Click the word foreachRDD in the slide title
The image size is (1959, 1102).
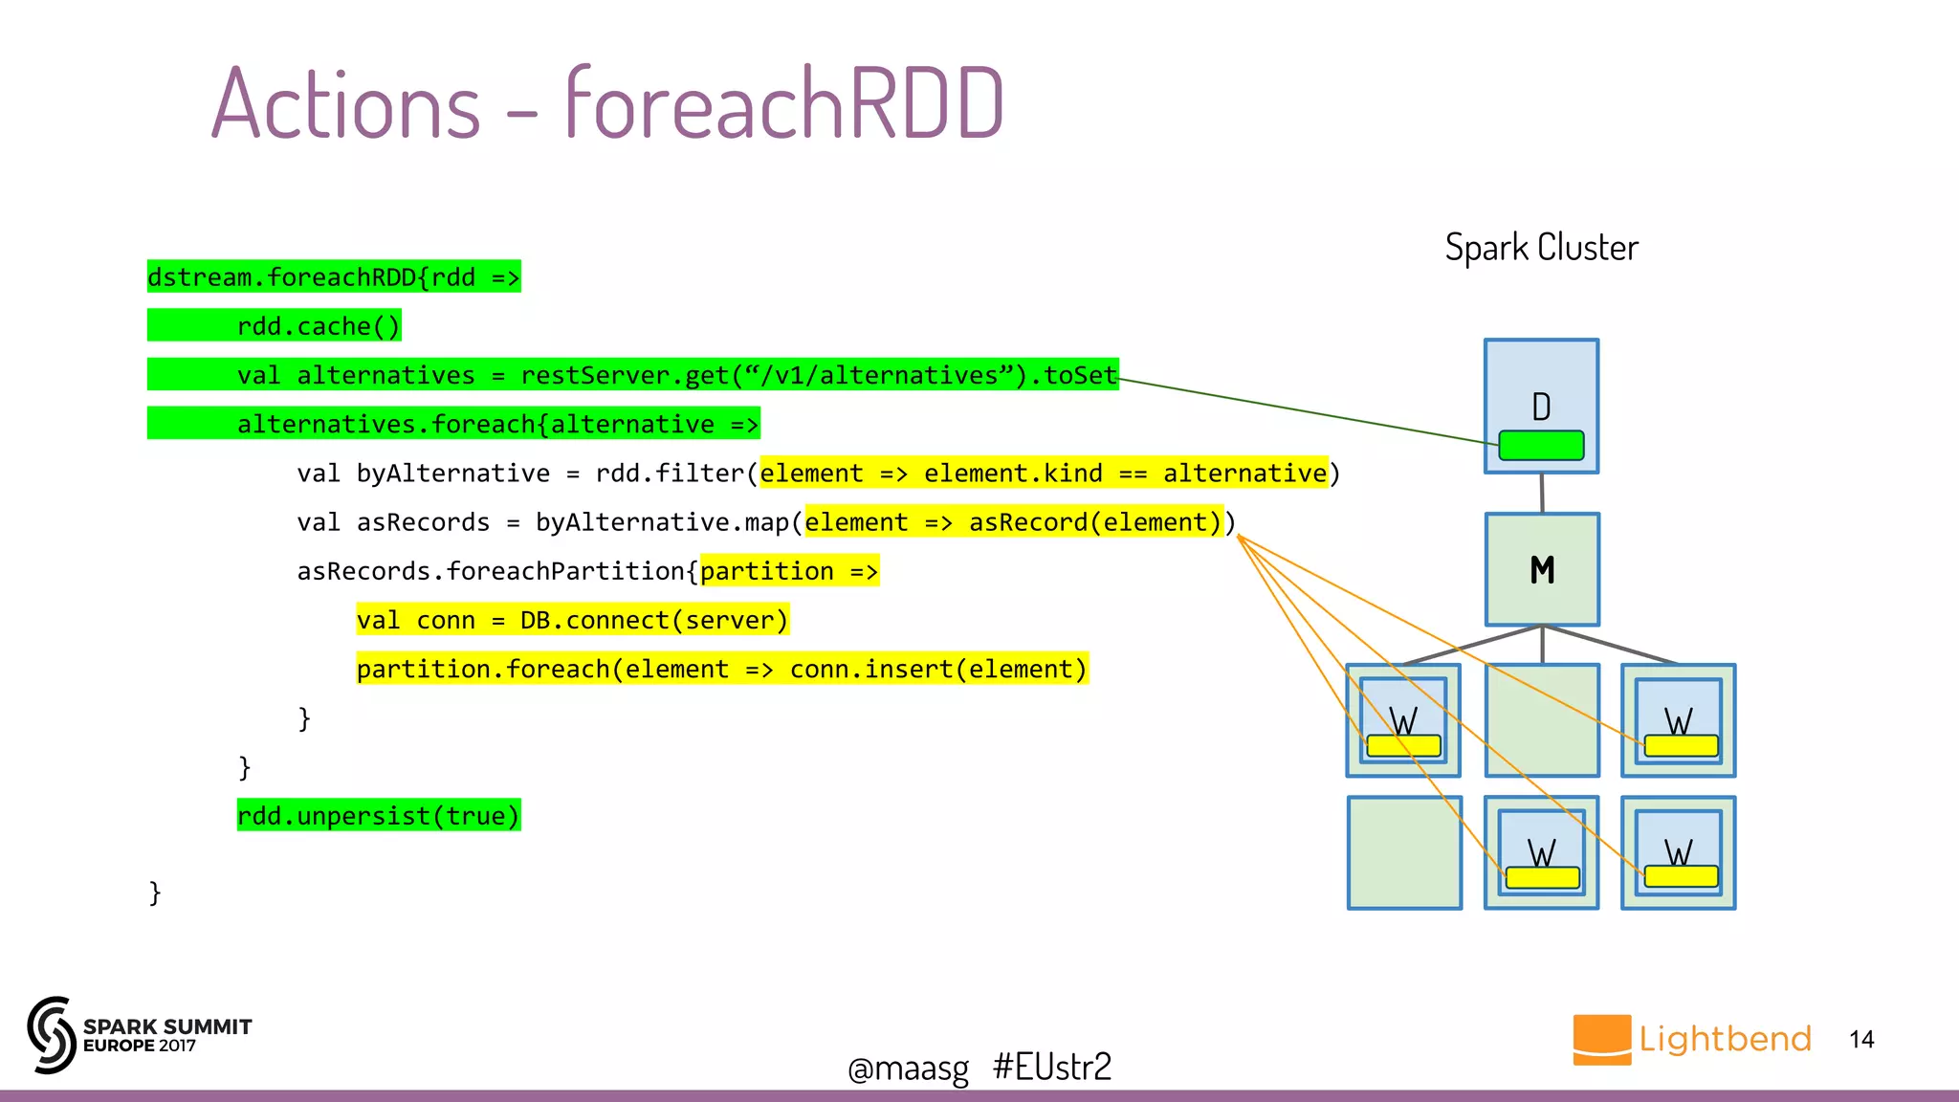(x=784, y=103)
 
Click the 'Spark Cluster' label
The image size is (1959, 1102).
(x=1541, y=248)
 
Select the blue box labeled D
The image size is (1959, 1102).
(x=1541, y=383)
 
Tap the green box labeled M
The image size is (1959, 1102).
(x=1541, y=569)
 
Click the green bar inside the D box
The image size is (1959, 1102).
(x=1541, y=446)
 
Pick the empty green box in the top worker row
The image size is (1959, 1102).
(x=1541, y=719)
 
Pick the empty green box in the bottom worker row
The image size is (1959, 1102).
(x=1403, y=852)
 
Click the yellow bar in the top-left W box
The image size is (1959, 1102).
(x=1403, y=746)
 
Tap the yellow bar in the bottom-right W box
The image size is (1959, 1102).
(x=1681, y=876)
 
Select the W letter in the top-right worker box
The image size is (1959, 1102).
(x=1679, y=719)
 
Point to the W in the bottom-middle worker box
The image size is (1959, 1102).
(x=1541, y=851)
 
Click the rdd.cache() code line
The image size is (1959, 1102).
(x=319, y=326)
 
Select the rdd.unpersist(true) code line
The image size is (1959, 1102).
(x=379, y=816)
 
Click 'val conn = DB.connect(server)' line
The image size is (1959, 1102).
(x=572, y=621)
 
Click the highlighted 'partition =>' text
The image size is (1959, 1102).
(x=789, y=571)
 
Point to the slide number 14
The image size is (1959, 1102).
(x=1861, y=1040)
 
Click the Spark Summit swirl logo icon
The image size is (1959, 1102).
(x=52, y=1035)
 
